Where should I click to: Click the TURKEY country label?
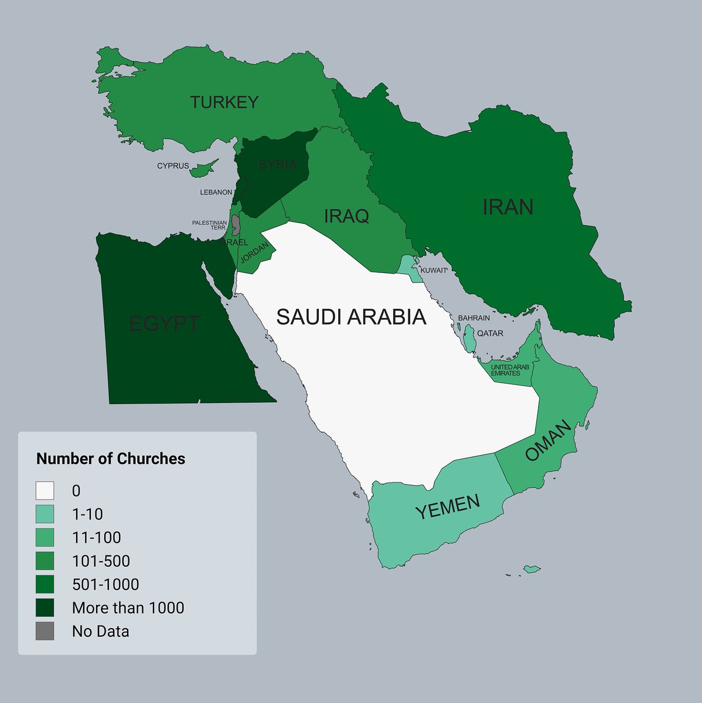click(224, 103)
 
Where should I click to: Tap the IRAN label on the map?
click(507, 207)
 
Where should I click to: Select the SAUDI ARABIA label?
click(351, 317)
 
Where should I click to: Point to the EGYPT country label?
click(164, 323)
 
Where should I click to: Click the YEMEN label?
click(448, 507)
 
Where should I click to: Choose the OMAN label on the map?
click(548, 441)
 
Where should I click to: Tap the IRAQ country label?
click(346, 216)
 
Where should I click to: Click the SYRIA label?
click(277, 165)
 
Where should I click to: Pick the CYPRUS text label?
click(173, 166)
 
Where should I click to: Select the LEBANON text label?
click(216, 192)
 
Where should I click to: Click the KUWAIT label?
click(434, 270)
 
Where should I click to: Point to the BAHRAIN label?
click(473, 318)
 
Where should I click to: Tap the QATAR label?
click(490, 333)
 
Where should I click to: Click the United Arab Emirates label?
click(509, 370)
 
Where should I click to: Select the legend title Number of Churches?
click(111, 459)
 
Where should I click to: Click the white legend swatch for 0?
click(45, 490)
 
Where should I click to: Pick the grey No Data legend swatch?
click(45, 631)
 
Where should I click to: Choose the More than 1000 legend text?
click(128, 608)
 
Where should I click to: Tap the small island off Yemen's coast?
click(531, 569)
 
